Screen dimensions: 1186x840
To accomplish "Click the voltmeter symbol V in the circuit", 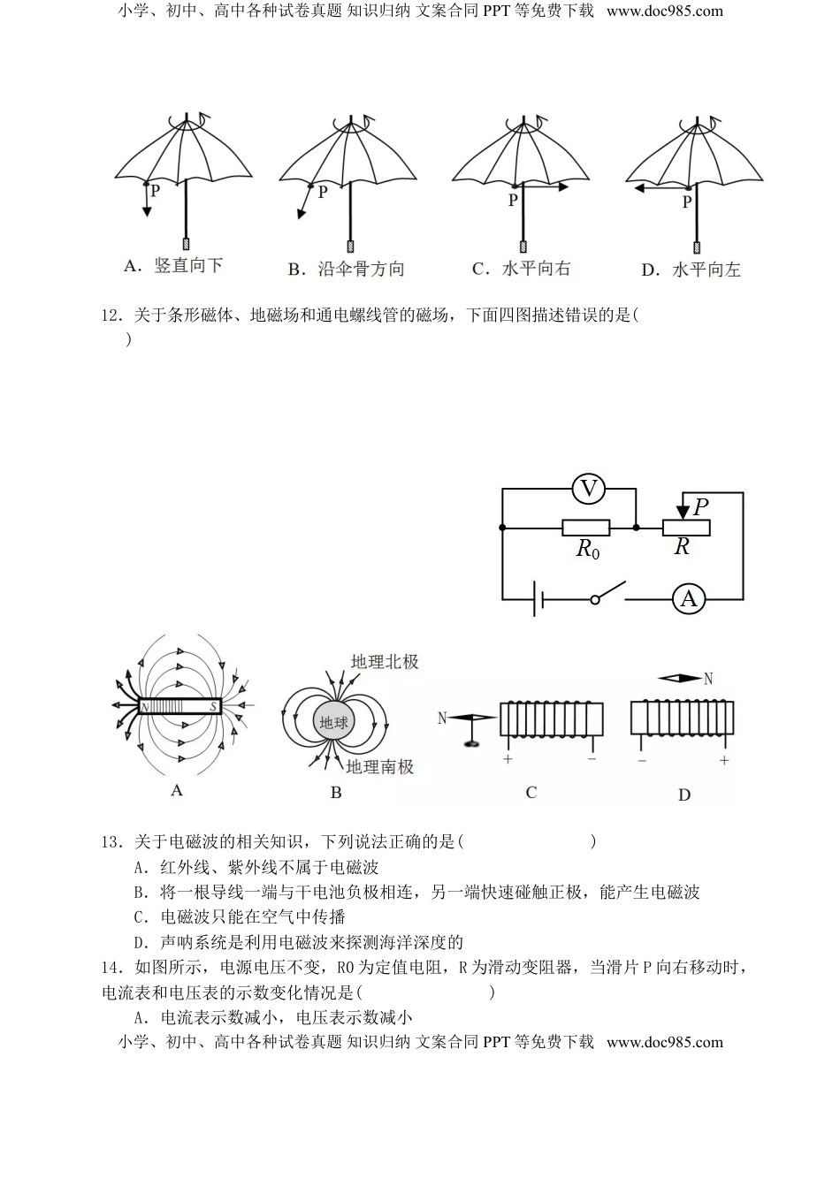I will [x=589, y=488].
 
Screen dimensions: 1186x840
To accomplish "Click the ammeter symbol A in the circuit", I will [x=688, y=599].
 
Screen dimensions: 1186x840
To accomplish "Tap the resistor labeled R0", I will [x=585, y=528].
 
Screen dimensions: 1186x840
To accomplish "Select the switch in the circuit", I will [x=608, y=593].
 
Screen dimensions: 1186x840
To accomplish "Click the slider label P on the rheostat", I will [x=701, y=507].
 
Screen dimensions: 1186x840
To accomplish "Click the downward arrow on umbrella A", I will [x=147, y=202].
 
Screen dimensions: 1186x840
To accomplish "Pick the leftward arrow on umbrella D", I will [x=659, y=187].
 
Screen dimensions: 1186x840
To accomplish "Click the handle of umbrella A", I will [x=187, y=244].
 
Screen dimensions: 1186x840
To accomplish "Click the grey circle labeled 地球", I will [x=333, y=722].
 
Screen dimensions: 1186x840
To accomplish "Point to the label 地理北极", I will [x=385, y=662].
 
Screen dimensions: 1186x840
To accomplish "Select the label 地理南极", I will [x=380, y=767].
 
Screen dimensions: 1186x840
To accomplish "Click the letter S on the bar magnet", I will [x=212, y=707].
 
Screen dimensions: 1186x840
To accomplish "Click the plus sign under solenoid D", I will [x=724, y=760].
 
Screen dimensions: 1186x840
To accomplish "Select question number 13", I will [x=111, y=841].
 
